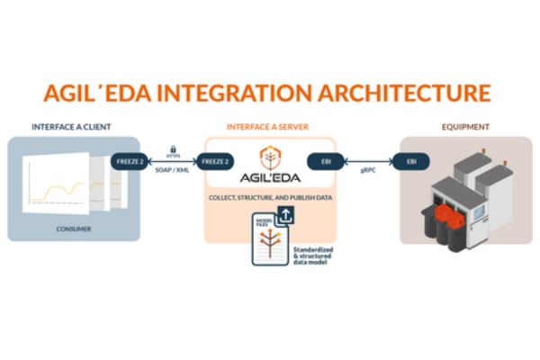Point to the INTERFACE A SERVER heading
click(269, 127)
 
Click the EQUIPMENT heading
click(464, 127)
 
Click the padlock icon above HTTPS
click(171, 145)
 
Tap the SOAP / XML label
click(171, 171)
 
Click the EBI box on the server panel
click(325, 162)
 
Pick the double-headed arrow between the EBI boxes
click(368, 162)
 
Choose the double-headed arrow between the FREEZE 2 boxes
click(171, 162)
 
